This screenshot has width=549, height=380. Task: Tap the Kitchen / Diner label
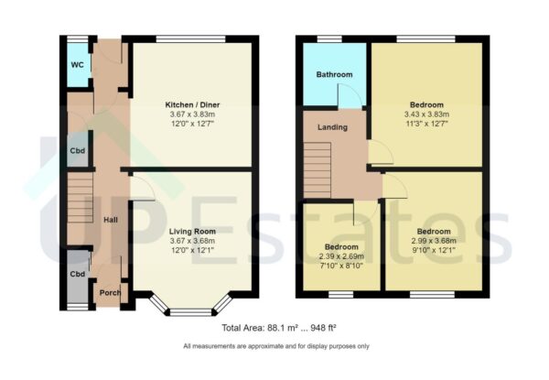point(192,105)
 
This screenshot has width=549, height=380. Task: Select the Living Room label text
point(192,232)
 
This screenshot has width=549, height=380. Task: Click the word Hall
point(110,221)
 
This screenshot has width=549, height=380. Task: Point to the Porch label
point(110,293)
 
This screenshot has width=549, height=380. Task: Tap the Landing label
point(332,127)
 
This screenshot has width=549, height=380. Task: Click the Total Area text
point(274,327)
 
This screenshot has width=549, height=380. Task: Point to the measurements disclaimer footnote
point(275,346)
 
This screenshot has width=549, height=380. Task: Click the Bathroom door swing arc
point(348,95)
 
